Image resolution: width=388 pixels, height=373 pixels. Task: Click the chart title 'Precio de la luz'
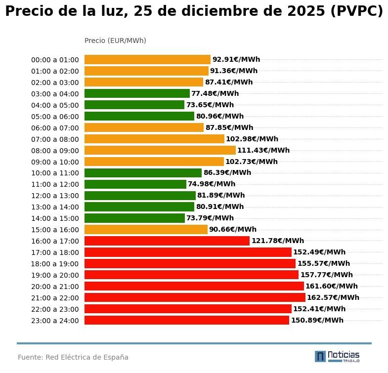click(x=194, y=11)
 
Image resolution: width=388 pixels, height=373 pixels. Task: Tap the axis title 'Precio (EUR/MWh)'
click(x=115, y=41)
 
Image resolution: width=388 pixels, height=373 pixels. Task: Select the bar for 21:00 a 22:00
click(x=195, y=297)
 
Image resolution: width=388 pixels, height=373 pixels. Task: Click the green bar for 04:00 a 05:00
click(x=134, y=105)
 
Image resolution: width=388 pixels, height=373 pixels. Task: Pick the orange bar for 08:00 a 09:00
click(x=160, y=150)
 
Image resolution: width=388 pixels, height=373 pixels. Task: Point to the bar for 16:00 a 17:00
click(x=167, y=241)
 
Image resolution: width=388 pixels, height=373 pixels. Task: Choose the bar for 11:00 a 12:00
click(x=135, y=184)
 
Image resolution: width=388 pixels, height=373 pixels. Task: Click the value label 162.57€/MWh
click(x=333, y=297)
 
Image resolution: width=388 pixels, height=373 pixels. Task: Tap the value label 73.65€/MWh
click(x=210, y=105)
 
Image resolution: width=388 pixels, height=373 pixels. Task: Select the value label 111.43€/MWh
click(x=263, y=150)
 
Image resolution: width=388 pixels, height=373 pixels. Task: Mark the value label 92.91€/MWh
click(x=236, y=59)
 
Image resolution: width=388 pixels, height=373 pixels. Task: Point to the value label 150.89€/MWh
click(x=317, y=320)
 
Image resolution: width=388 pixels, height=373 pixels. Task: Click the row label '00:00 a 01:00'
click(x=55, y=60)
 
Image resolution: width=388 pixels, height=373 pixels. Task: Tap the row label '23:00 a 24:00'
click(x=55, y=321)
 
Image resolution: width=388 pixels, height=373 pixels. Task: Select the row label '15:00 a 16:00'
click(x=55, y=230)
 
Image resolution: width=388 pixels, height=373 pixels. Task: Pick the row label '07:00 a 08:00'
click(x=55, y=139)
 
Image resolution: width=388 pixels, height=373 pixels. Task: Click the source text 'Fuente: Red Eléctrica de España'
click(x=73, y=357)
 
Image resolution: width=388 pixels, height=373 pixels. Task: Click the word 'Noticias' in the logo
click(x=344, y=355)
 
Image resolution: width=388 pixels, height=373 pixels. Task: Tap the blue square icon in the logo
click(x=320, y=356)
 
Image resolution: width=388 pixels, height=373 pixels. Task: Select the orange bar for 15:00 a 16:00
click(x=146, y=229)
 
